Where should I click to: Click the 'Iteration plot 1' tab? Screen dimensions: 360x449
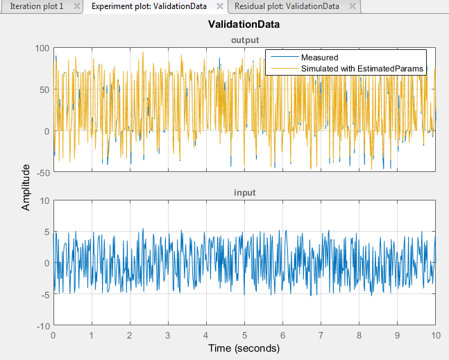point(37,6)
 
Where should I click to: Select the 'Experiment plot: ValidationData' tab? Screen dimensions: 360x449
point(150,6)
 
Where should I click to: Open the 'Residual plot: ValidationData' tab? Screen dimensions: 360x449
point(287,6)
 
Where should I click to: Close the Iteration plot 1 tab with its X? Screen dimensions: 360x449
point(77,6)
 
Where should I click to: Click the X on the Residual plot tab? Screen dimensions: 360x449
point(353,6)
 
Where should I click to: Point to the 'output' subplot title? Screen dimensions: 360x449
point(244,40)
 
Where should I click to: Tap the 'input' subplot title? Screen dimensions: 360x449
point(244,192)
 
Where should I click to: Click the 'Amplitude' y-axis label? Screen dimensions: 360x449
point(26,187)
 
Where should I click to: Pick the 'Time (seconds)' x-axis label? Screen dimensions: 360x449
point(244,348)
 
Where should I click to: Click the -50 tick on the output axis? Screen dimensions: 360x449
point(40,172)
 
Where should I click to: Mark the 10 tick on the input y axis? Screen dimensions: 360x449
point(43,200)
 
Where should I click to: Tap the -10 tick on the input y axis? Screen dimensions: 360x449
point(42,325)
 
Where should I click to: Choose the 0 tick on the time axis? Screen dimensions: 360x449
point(53,334)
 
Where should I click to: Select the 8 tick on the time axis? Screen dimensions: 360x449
point(359,334)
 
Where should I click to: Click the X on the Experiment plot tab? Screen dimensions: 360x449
point(220,6)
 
